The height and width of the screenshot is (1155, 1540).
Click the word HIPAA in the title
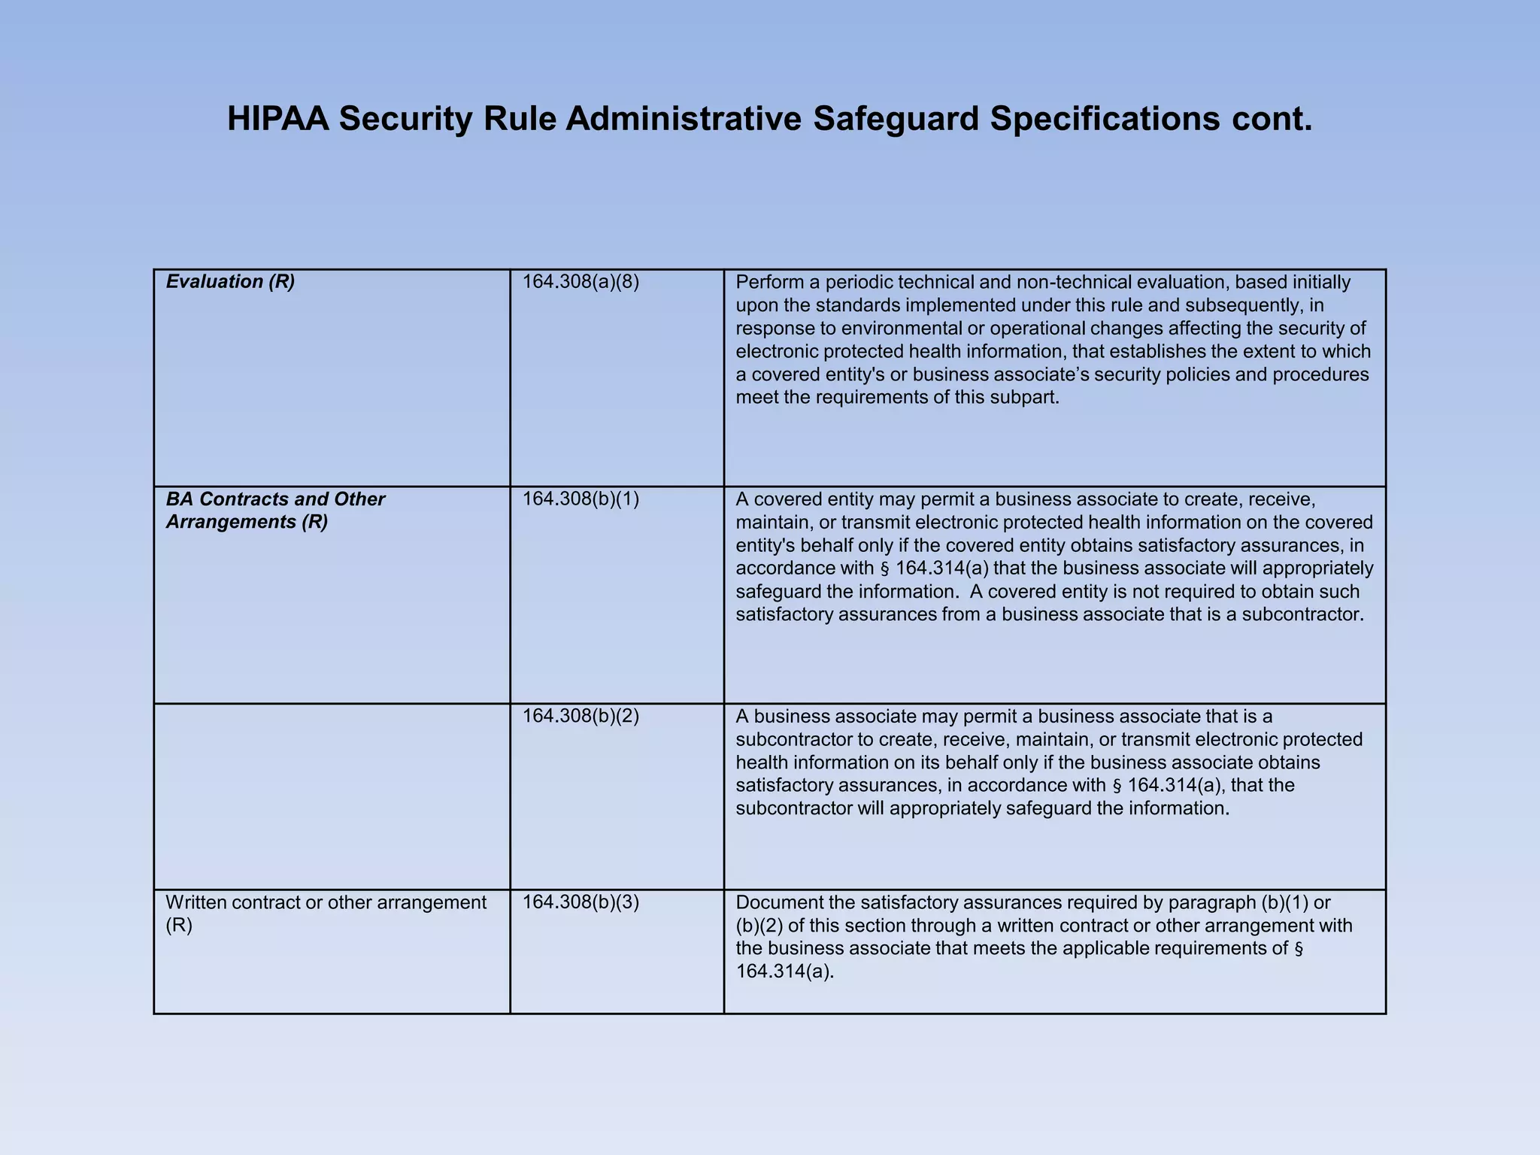click(277, 119)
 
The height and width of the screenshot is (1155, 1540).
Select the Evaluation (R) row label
click(230, 281)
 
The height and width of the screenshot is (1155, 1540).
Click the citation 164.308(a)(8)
click(581, 282)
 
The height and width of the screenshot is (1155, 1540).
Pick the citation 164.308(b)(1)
click(581, 499)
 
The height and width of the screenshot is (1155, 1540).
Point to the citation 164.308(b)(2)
click(581, 716)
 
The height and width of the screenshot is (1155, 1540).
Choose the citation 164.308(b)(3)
click(581, 902)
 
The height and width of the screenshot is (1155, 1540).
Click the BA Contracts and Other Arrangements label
click(275, 511)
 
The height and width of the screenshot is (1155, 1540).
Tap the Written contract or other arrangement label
click(326, 902)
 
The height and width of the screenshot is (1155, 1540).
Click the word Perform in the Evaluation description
click(768, 282)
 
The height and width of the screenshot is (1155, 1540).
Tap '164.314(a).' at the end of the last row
click(785, 972)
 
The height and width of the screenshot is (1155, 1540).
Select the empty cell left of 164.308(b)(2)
click(332, 796)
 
